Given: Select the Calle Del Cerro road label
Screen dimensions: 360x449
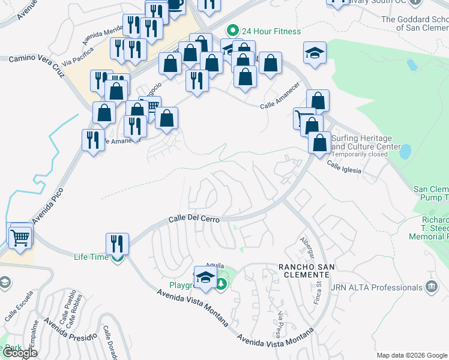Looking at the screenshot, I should click(194, 220).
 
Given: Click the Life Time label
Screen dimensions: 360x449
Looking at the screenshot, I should click(91, 257).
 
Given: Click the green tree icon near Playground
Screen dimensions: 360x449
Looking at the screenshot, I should click(221, 283).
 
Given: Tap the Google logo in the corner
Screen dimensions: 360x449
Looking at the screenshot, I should click(20, 353).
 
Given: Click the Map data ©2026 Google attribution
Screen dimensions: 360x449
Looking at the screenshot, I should click(412, 355).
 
